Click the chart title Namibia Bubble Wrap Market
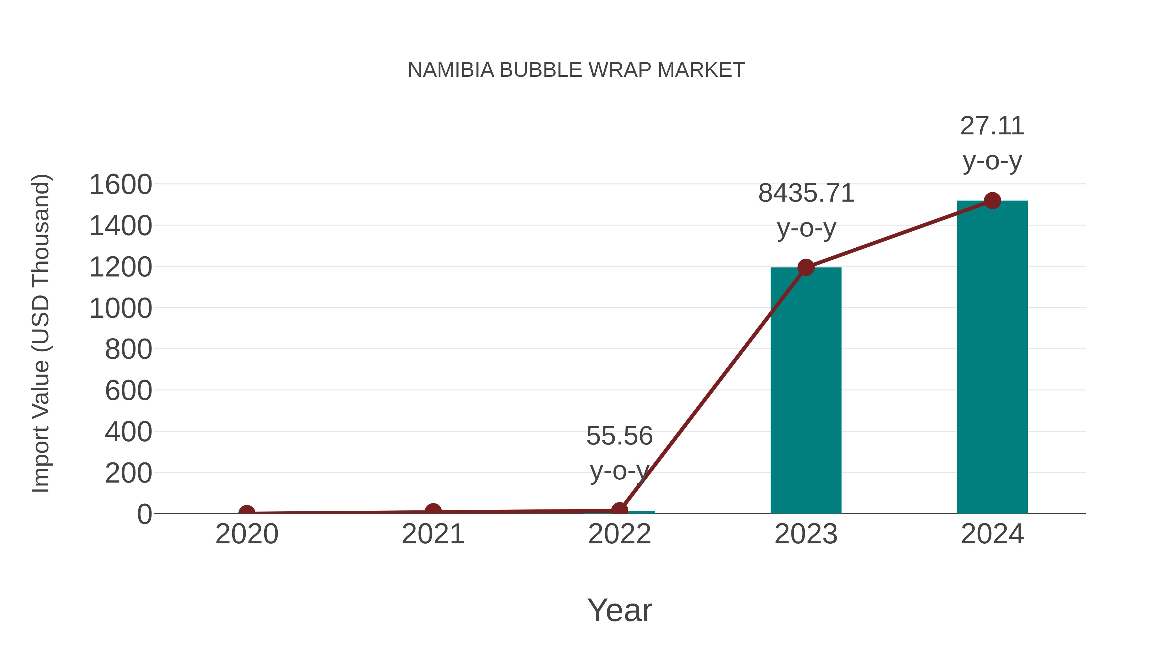576,70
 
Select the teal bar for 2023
806,394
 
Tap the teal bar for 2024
992,358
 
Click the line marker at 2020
247,513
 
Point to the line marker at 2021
433,511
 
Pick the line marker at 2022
619,510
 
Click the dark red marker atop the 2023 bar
806,268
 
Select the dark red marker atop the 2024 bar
992,201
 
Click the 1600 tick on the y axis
121,185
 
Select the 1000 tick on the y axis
121,308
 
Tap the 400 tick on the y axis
128,432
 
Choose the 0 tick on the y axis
144,514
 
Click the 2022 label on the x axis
619,534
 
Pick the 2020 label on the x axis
247,534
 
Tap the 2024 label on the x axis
992,534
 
